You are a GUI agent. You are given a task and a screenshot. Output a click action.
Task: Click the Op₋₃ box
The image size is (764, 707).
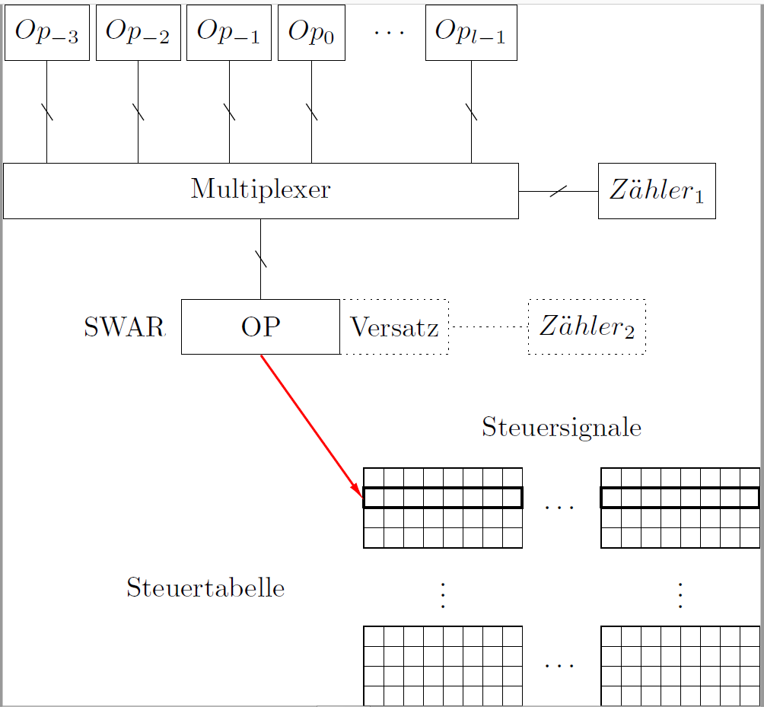tap(47, 33)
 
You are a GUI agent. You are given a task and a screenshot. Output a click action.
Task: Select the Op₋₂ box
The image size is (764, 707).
tap(138, 33)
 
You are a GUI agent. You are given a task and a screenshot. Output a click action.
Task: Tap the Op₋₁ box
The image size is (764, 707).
tap(229, 33)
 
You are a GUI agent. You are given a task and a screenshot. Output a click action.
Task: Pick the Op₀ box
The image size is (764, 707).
tap(311, 33)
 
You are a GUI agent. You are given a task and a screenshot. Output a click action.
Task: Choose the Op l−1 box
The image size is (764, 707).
tap(471, 33)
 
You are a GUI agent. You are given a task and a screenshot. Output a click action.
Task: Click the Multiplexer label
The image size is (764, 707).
tap(260, 189)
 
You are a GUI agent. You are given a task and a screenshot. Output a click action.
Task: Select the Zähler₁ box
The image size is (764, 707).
tap(657, 191)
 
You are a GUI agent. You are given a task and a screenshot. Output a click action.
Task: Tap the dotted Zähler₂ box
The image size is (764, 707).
tap(587, 326)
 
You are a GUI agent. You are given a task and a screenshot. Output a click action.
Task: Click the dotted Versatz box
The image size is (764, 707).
tap(394, 327)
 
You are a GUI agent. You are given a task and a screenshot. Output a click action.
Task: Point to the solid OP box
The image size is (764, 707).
tap(260, 326)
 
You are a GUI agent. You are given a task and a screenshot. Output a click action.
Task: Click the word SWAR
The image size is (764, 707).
tap(125, 327)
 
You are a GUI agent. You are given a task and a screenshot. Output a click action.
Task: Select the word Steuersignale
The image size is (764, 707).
tap(562, 428)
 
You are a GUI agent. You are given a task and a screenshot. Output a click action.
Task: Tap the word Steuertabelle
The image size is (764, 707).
tap(205, 588)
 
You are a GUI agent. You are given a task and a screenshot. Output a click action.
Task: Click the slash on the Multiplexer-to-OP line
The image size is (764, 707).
tap(261, 259)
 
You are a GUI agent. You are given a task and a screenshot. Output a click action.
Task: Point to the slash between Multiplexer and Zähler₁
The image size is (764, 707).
tap(558, 191)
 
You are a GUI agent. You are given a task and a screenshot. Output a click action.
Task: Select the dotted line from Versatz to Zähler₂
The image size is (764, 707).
tap(489, 327)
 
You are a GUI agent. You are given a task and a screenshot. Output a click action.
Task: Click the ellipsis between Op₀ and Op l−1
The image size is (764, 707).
tap(390, 33)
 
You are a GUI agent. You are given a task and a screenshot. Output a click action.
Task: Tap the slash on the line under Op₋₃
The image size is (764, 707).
tap(47, 111)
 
